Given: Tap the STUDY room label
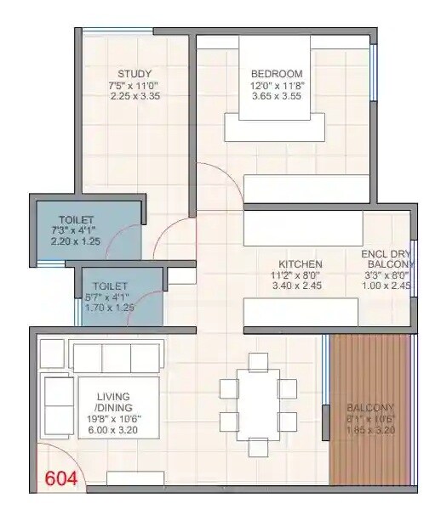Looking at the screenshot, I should (x=135, y=72).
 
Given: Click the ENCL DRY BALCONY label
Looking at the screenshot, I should (x=387, y=258).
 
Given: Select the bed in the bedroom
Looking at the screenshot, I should (x=274, y=89).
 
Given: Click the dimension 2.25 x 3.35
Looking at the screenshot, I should (x=135, y=96).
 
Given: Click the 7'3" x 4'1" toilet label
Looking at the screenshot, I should (x=72, y=230).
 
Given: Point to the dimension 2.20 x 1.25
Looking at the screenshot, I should (x=72, y=241).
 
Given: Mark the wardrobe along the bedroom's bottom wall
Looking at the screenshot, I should (x=306, y=188).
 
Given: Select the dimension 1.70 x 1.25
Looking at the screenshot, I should (x=111, y=308).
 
